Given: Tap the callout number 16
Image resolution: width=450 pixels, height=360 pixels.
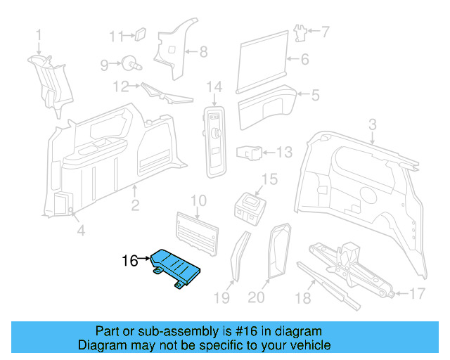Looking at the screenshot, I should pyautogui.click(x=129, y=261).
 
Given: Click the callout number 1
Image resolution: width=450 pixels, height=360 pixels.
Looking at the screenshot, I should pyautogui.click(x=39, y=34).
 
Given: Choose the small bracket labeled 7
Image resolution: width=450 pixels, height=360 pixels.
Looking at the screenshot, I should pyautogui.click(x=301, y=32).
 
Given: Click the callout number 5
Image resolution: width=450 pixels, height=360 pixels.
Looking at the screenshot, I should pyautogui.click(x=316, y=95).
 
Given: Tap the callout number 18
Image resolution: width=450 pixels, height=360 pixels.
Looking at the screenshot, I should pyautogui.click(x=302, y=299).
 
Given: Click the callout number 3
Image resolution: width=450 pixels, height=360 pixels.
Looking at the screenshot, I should pyautogui.click(x=373, y=124).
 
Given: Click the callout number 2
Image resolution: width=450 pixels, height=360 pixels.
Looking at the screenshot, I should pyautogui.click(x=135, y=205).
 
